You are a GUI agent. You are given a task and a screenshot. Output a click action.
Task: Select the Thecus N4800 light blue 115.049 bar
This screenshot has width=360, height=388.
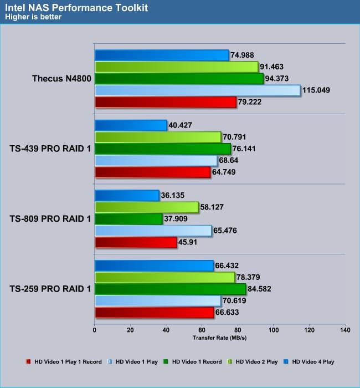click(197, 90)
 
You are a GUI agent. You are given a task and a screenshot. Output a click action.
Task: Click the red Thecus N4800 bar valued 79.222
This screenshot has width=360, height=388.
click(166, 102)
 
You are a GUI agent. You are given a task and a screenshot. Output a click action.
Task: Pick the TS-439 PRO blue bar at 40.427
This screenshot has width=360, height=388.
click(131, 125)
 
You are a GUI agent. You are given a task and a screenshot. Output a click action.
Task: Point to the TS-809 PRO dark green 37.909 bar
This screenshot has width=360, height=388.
click(128, 218)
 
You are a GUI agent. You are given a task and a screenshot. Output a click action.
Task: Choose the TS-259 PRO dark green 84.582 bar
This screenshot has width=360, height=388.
click(170, 289)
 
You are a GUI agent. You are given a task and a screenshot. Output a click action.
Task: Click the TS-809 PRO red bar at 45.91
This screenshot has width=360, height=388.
click(136, 242)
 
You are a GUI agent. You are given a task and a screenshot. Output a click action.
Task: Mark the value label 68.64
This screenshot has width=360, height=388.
click(231, 160)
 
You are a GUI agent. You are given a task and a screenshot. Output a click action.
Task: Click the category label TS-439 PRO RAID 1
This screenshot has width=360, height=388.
click(50, 149)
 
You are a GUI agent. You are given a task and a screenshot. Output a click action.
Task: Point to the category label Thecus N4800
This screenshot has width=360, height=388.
click(61, 78)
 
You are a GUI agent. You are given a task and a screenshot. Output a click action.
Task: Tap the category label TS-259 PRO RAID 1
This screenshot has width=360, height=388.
click(50, 289)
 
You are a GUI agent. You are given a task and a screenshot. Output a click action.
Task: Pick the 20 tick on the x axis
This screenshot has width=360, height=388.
click(130, 330)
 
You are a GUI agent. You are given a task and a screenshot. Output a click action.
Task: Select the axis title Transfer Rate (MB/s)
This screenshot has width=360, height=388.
click(219, 338)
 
